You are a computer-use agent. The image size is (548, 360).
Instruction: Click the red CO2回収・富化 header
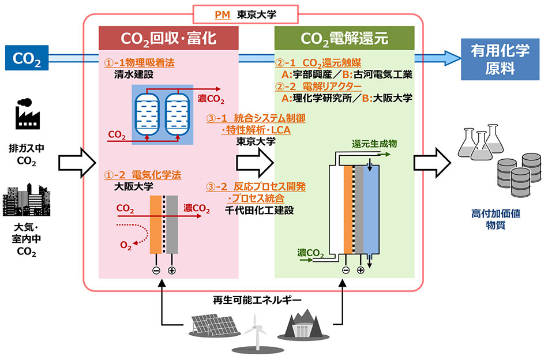point(168,38)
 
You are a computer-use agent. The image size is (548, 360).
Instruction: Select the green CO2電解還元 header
point(344,38)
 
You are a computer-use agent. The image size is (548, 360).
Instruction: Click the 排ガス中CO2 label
point(27,155)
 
